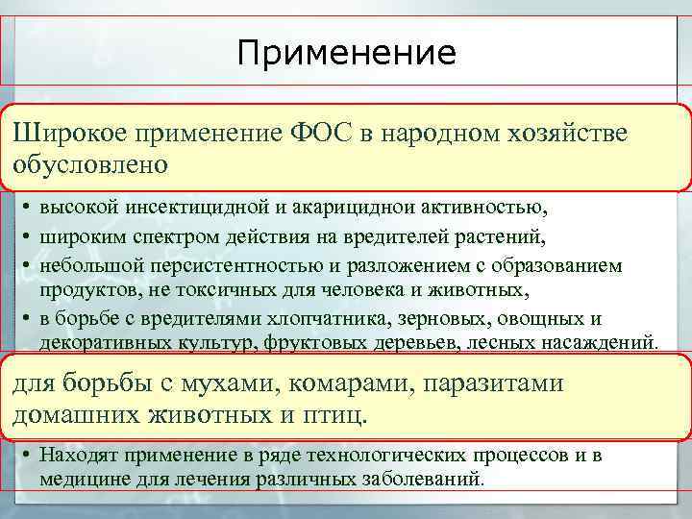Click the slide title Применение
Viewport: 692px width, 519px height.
pyautogui.click(x=346, y=53)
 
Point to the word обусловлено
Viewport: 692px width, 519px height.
pyautogui.click(x=90, y=163)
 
